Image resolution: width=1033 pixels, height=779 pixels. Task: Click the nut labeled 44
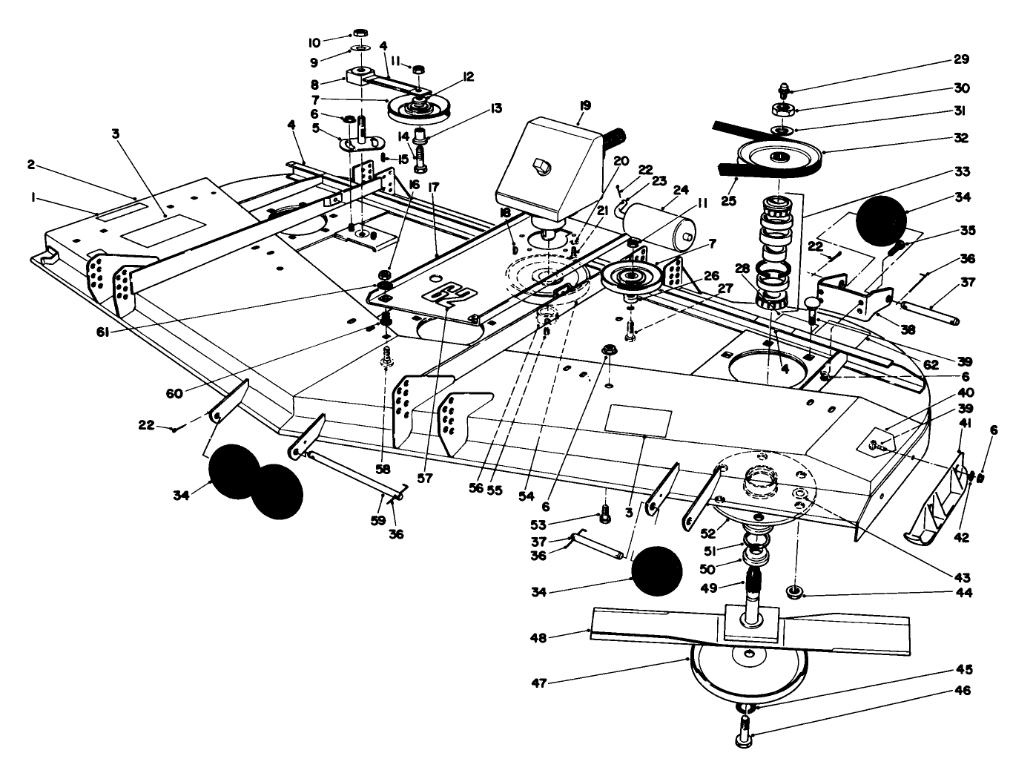coord(796,591)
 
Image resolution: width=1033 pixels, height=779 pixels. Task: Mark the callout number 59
coord(378,520)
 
